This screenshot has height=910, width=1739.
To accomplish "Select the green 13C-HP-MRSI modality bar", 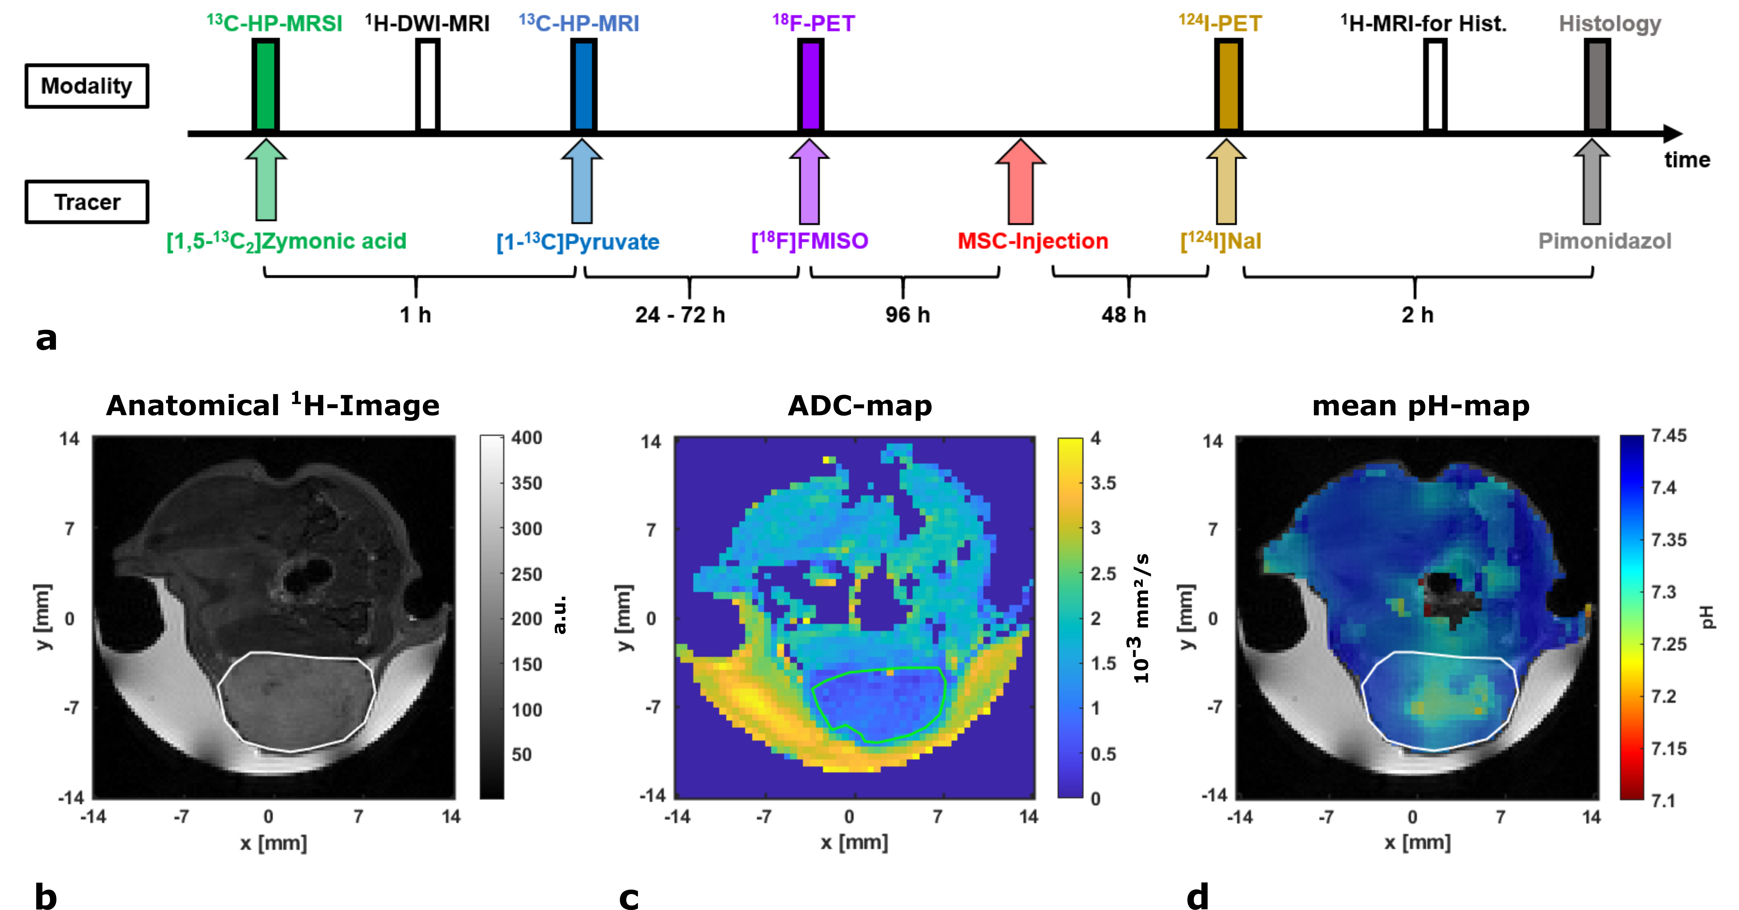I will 265,84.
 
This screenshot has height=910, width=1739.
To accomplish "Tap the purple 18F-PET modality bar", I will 810,84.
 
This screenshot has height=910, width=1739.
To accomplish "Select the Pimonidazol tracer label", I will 1605,241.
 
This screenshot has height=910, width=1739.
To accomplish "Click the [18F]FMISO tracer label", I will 809,241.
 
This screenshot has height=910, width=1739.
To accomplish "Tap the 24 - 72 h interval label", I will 680,315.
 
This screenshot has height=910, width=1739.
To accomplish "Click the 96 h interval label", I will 907,315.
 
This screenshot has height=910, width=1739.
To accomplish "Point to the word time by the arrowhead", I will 1687,160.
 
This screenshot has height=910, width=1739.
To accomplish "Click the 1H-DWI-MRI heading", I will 427,24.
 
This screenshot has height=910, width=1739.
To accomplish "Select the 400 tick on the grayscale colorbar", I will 527,437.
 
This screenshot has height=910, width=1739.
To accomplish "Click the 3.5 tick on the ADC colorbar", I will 1103,483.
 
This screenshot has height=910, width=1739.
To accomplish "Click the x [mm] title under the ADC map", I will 854,842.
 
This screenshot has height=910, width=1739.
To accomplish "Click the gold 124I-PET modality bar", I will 1228,84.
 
